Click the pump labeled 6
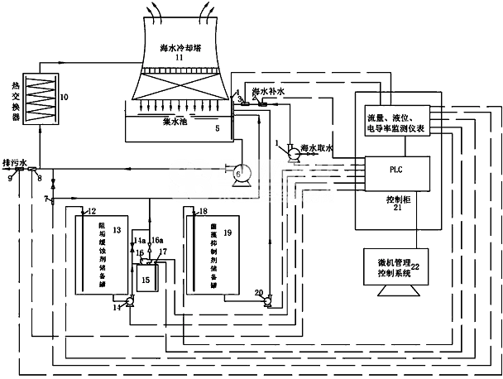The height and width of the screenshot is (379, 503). coord(238,173)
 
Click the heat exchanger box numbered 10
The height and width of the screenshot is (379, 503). coord(41,100)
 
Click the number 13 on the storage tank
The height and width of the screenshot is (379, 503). coord(117,228)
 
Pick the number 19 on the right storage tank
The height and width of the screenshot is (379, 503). coord(228,234)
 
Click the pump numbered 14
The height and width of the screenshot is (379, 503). coord(128,303)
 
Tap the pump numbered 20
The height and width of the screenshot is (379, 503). coord(267,303)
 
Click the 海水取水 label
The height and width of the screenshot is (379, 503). coord(317,147)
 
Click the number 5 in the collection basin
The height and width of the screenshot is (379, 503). coord(218,128)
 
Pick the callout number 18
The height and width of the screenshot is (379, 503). coord(204,213)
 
